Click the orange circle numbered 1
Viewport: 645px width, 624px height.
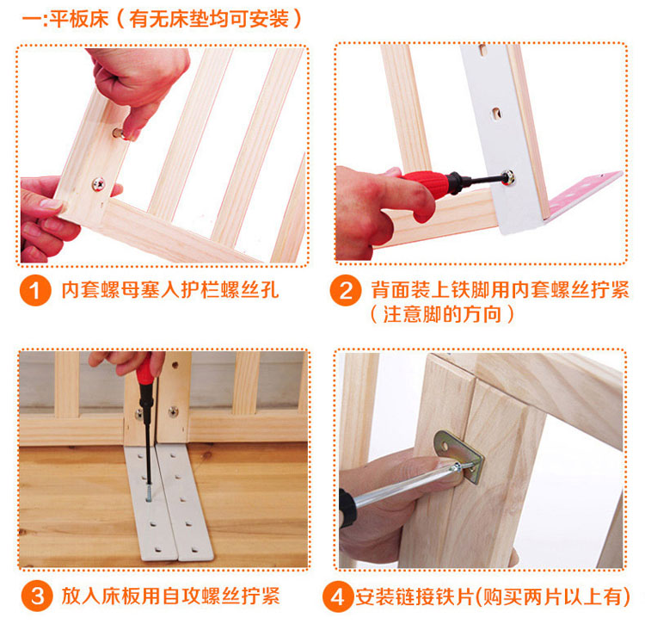[x=35, y=291]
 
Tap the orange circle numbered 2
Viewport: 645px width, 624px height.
[x=346, y=291]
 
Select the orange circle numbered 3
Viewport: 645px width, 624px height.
[x=37, y=596]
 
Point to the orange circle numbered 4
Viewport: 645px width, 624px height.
[x=338, y=596]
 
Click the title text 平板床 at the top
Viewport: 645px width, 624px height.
[x=79, y=19]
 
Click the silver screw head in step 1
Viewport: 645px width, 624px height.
[x=99, y=184]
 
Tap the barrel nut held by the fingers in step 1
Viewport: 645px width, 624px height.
[x=120, y=133]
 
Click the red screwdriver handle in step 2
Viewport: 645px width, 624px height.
[x=425, y=183]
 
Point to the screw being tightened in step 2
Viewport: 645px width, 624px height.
[x=508, y=177]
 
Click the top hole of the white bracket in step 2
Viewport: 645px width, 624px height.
[x=482, y=50]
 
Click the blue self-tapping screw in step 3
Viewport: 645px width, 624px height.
[x=149, y=492]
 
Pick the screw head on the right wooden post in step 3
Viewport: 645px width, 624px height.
[x=174, y=411]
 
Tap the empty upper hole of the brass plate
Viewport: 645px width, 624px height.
[x=445, y=445]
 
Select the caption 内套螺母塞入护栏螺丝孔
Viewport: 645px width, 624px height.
[x=170, y=290]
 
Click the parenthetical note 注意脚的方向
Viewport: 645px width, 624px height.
[x=442, y=315]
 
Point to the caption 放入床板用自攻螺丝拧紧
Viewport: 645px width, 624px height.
[x=170, y=596]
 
